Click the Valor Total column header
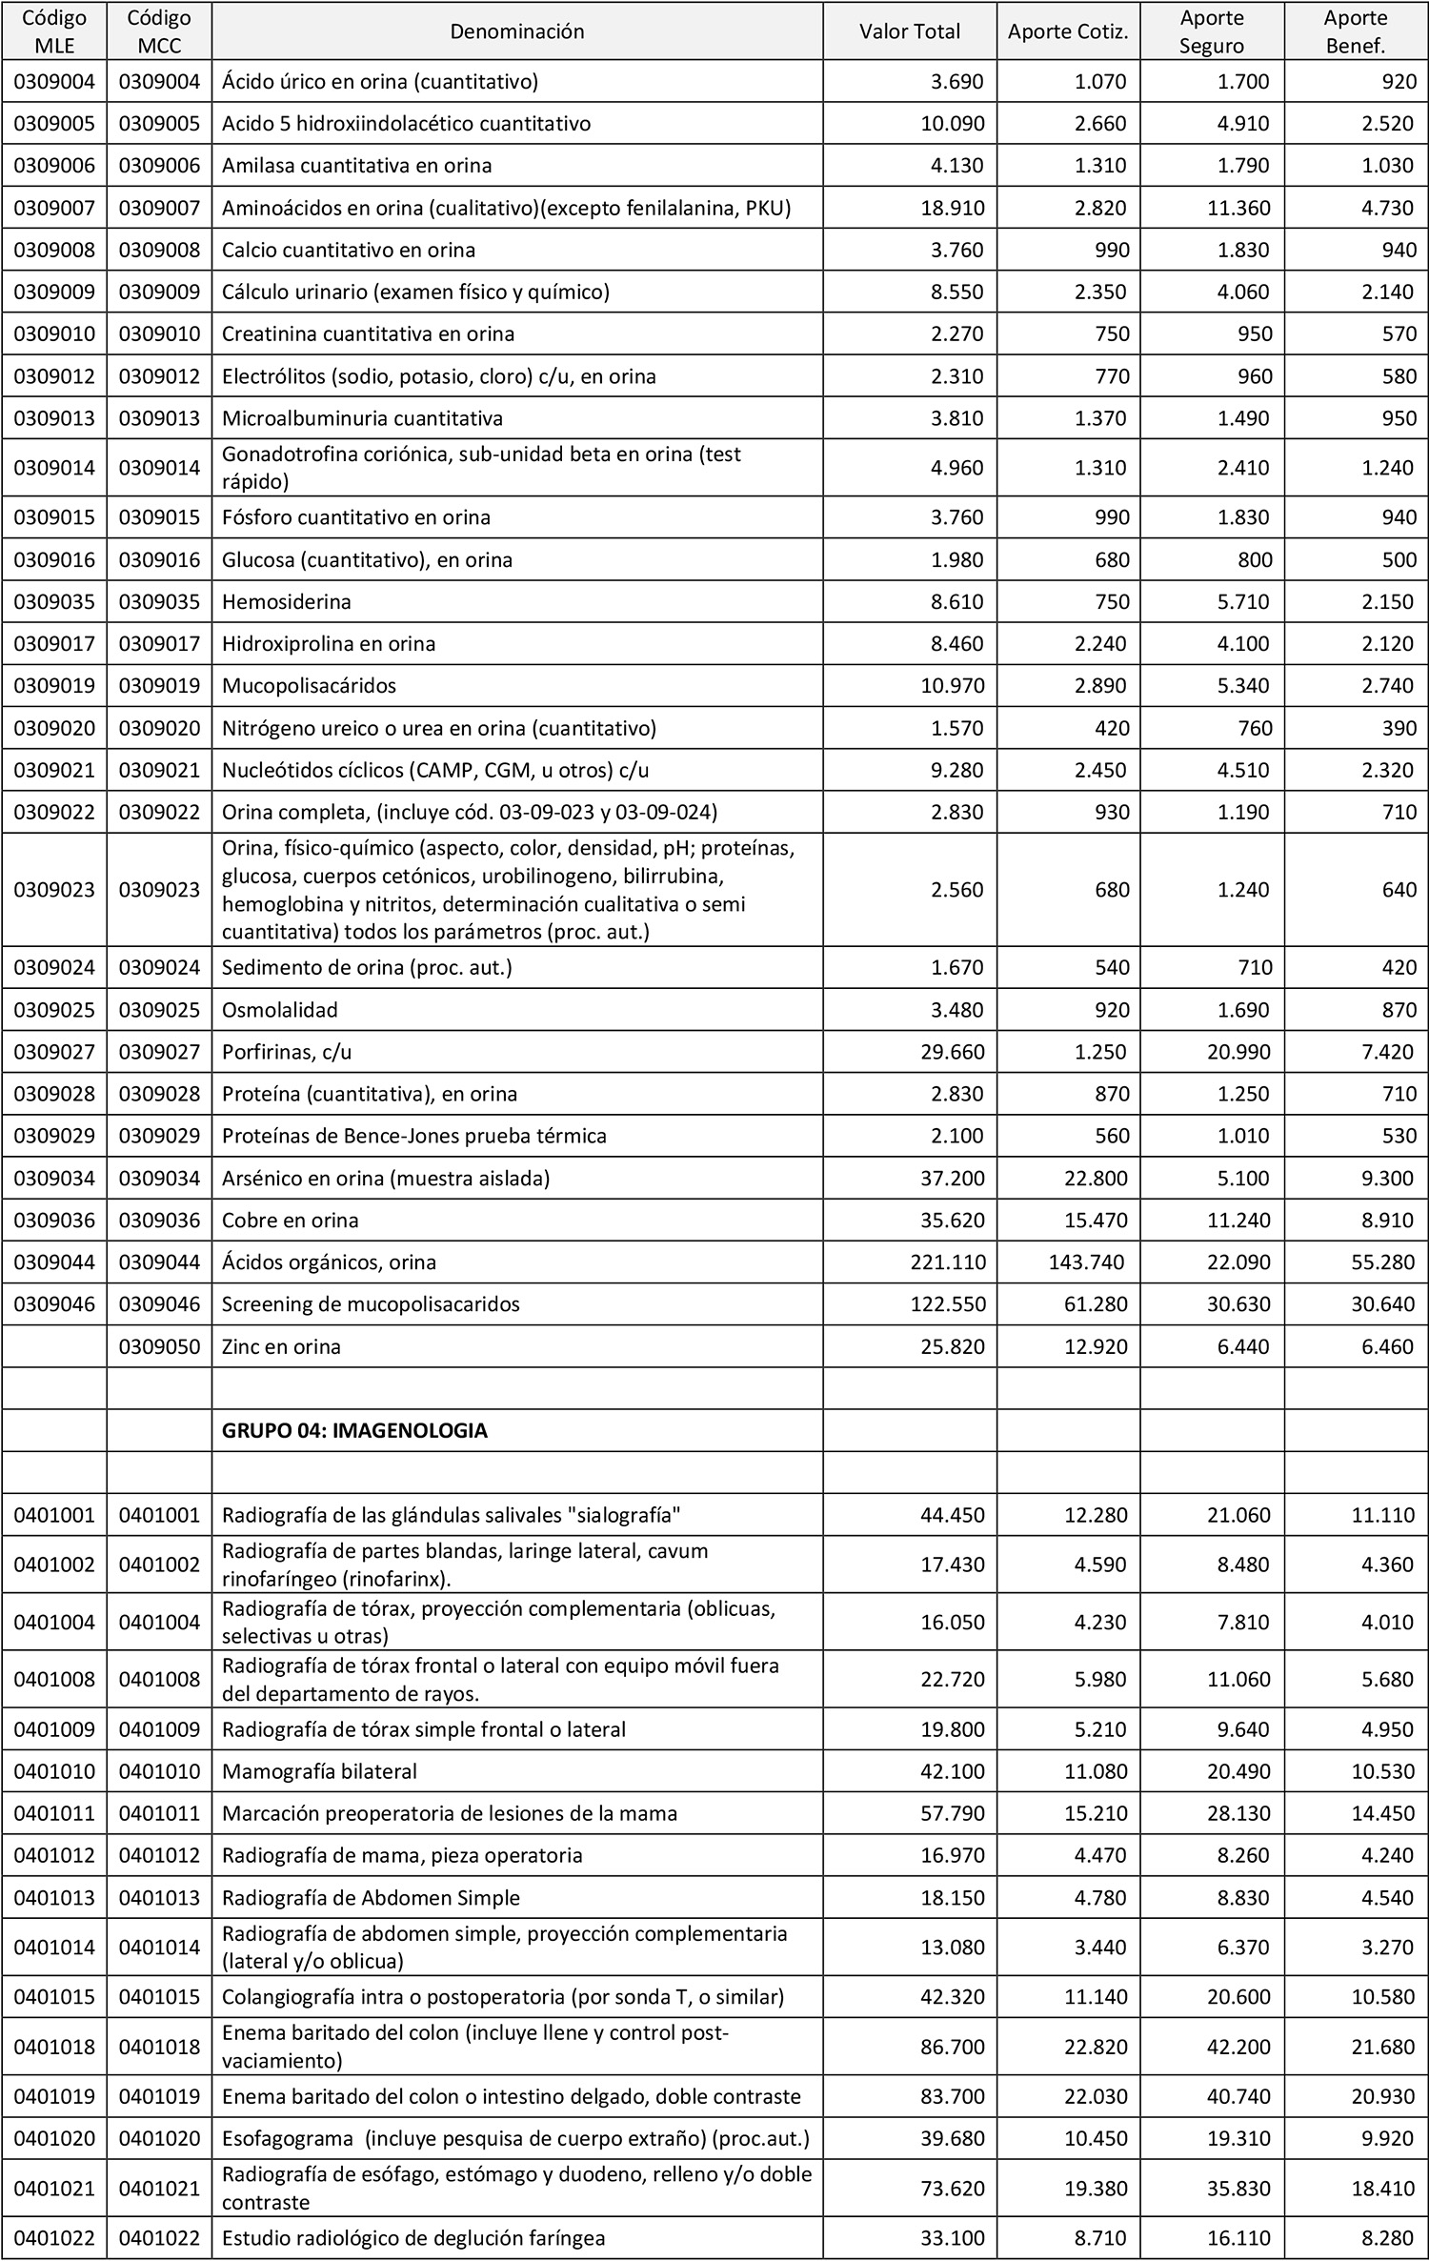pos(910,31)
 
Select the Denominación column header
pos(516,31)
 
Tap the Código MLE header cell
pos(54,31)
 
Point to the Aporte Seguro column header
pos(1212,31)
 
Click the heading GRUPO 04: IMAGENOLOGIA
pos(354,1430)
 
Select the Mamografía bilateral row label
pos(319,1771)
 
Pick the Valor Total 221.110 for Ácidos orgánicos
pos(948,1262)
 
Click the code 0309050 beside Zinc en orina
pos(159,1346)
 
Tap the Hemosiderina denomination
pos(287,602)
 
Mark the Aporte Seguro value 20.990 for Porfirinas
pos(1238,1052)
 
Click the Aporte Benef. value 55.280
pos(1382,1262)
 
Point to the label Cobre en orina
pos(290,1221)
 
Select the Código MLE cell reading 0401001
pos(54,1515)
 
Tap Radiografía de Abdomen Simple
pos(371,1897)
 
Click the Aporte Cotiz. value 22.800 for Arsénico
pos(1096,1179)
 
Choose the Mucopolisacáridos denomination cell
pos(309,686)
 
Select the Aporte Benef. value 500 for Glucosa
pos(1399,560)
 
